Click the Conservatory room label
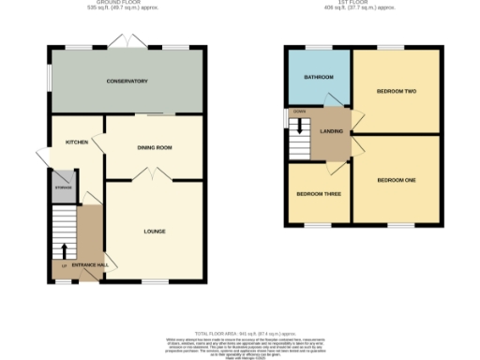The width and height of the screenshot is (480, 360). pos(127,82)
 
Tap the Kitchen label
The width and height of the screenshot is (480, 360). pos(76,142)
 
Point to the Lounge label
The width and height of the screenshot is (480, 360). pos(155,230)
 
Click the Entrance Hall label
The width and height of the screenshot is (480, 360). pos(90,266)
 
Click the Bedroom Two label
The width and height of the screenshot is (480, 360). pos(396,92)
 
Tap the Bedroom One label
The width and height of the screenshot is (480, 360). pos(396,179)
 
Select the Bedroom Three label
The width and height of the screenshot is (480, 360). pos(319,194)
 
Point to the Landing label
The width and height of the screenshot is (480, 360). pos(332,131)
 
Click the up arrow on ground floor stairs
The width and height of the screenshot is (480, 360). pos(64,251)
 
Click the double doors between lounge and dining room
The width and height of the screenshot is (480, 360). pos(143,173)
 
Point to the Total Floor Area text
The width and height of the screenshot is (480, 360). pos(239,334)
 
